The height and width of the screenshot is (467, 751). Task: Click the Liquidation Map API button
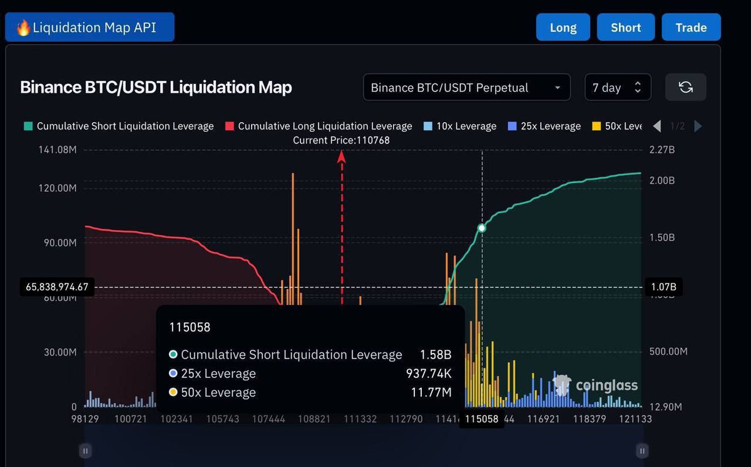89,28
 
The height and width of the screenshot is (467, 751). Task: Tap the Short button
625,28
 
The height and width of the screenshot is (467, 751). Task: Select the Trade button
691,28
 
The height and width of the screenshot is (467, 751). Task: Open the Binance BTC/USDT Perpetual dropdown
466,87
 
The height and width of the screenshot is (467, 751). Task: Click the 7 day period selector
617,87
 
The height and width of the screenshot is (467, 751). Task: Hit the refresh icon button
685,87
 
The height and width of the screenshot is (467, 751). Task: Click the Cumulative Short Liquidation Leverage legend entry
119,126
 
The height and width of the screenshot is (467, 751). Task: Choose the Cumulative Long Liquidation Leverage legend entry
319,126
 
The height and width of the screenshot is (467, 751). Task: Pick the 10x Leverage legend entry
460,126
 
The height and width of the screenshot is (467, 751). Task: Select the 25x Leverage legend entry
544,126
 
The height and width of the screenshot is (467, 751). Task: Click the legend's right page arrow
698,126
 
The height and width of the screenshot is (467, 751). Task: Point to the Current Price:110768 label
341,140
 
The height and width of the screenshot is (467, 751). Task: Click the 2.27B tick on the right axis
662,150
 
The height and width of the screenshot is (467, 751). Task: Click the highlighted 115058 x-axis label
481,419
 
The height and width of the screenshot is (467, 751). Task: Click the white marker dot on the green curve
482,228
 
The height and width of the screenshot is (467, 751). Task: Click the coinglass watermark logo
595,386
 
